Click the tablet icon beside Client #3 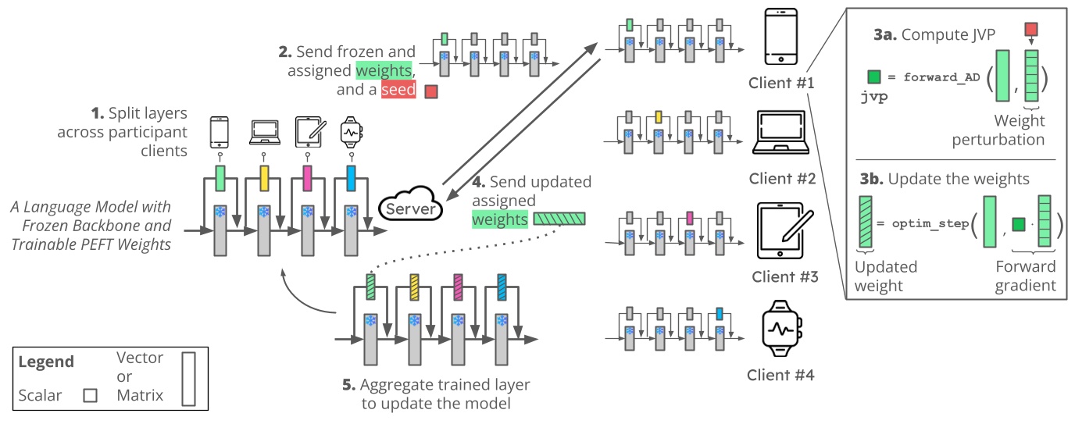pyautogui.click(x=782, y=232)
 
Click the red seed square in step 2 pyautogui.click(x=430, y=92)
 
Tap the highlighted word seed pyautogui.click(x=398, y=90)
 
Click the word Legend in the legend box pyautogui.click(x=46, y=362)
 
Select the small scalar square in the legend pyautogui.click(x=90, y=395)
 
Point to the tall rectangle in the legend pyautogui.click(x=188, y=379)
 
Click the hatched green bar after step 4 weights pyautogui.click(x=561, y=219)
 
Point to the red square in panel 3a pyautogui.click(x=1030, y=30)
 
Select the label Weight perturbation pyautogui.click(x=1019, y=130)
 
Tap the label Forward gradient pyautogui.click(x=1025, y=276)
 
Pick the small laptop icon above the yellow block pyautogui.click(x=263, y=134)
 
